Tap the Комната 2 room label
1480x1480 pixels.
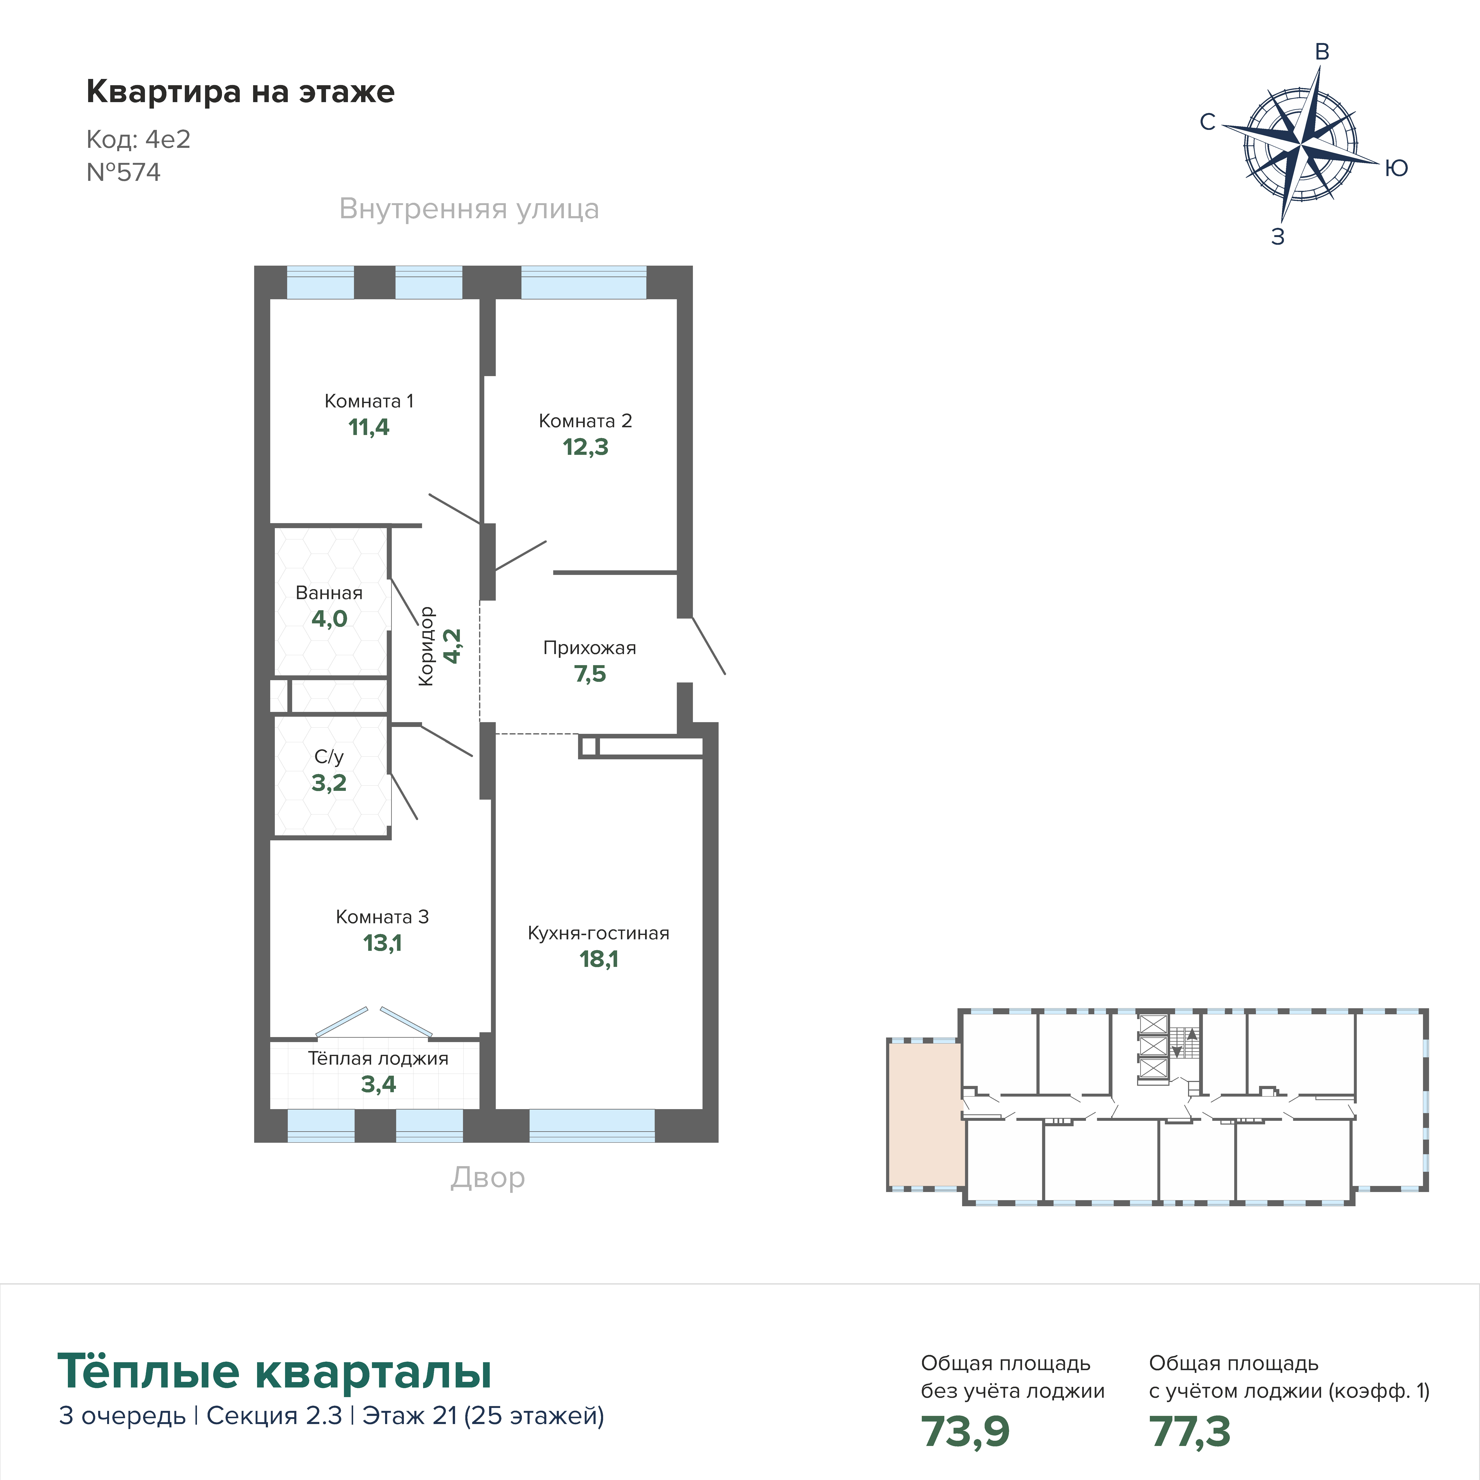585,421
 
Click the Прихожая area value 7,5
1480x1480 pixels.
590,674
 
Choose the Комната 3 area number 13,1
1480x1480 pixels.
382,943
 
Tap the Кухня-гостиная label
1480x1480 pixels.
598,933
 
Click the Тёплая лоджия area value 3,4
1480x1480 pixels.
378,1084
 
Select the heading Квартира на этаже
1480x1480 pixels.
241,92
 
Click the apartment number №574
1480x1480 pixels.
123,172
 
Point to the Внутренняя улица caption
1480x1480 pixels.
469,209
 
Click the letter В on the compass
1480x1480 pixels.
1321,52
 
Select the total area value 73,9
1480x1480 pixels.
965,1431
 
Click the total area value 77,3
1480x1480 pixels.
1190,1431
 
